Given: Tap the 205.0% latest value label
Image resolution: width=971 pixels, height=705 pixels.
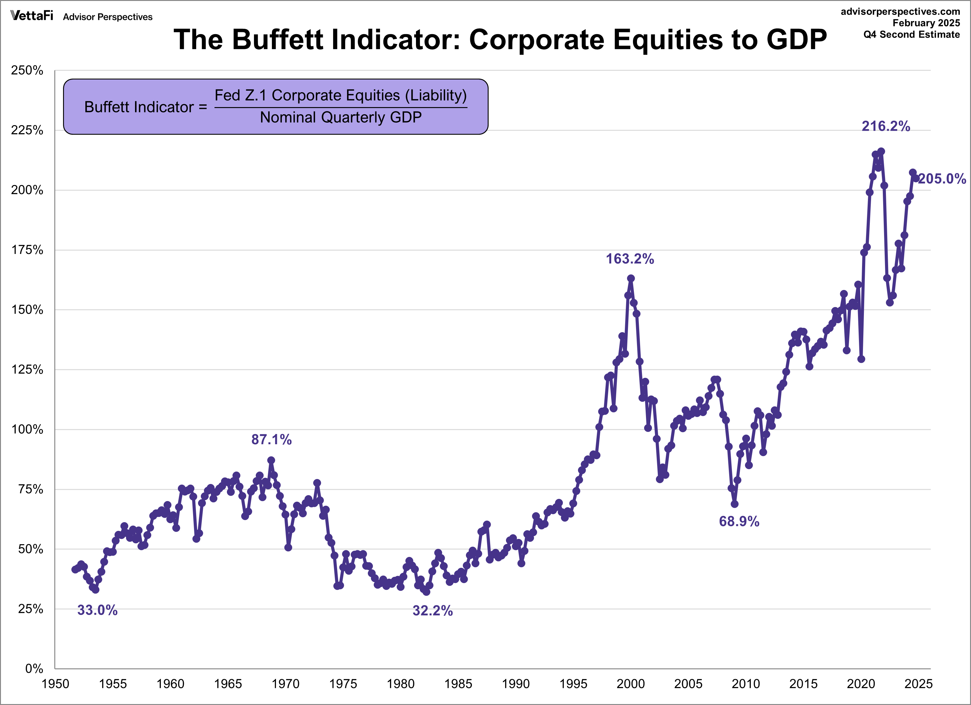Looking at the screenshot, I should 942,179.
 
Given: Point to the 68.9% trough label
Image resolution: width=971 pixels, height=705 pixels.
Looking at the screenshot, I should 739,521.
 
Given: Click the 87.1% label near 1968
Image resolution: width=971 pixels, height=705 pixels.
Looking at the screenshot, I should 271,440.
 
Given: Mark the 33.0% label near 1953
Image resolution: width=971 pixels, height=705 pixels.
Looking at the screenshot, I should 97,610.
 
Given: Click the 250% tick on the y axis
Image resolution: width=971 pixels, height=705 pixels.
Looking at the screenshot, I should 27,71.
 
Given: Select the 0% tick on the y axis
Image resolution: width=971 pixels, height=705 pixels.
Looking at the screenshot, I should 34,669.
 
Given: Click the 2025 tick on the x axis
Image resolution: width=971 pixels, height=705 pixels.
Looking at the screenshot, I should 918,684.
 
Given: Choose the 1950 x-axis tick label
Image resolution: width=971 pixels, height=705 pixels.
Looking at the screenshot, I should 55,684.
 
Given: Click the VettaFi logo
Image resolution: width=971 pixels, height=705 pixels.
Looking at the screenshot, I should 32,16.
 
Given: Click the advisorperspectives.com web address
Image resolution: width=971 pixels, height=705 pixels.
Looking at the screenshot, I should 900,11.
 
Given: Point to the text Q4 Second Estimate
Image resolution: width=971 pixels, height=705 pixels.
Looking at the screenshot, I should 911,35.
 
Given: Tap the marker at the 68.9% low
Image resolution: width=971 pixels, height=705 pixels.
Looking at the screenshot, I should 734,504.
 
